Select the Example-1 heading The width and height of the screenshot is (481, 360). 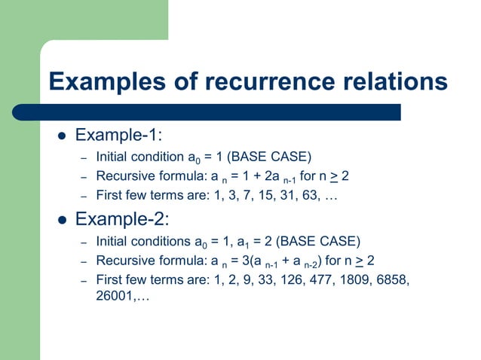coord(120,136)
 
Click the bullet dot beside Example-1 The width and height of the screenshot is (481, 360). coord(63,137)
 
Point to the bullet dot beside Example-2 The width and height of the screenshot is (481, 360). coord(63,221)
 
